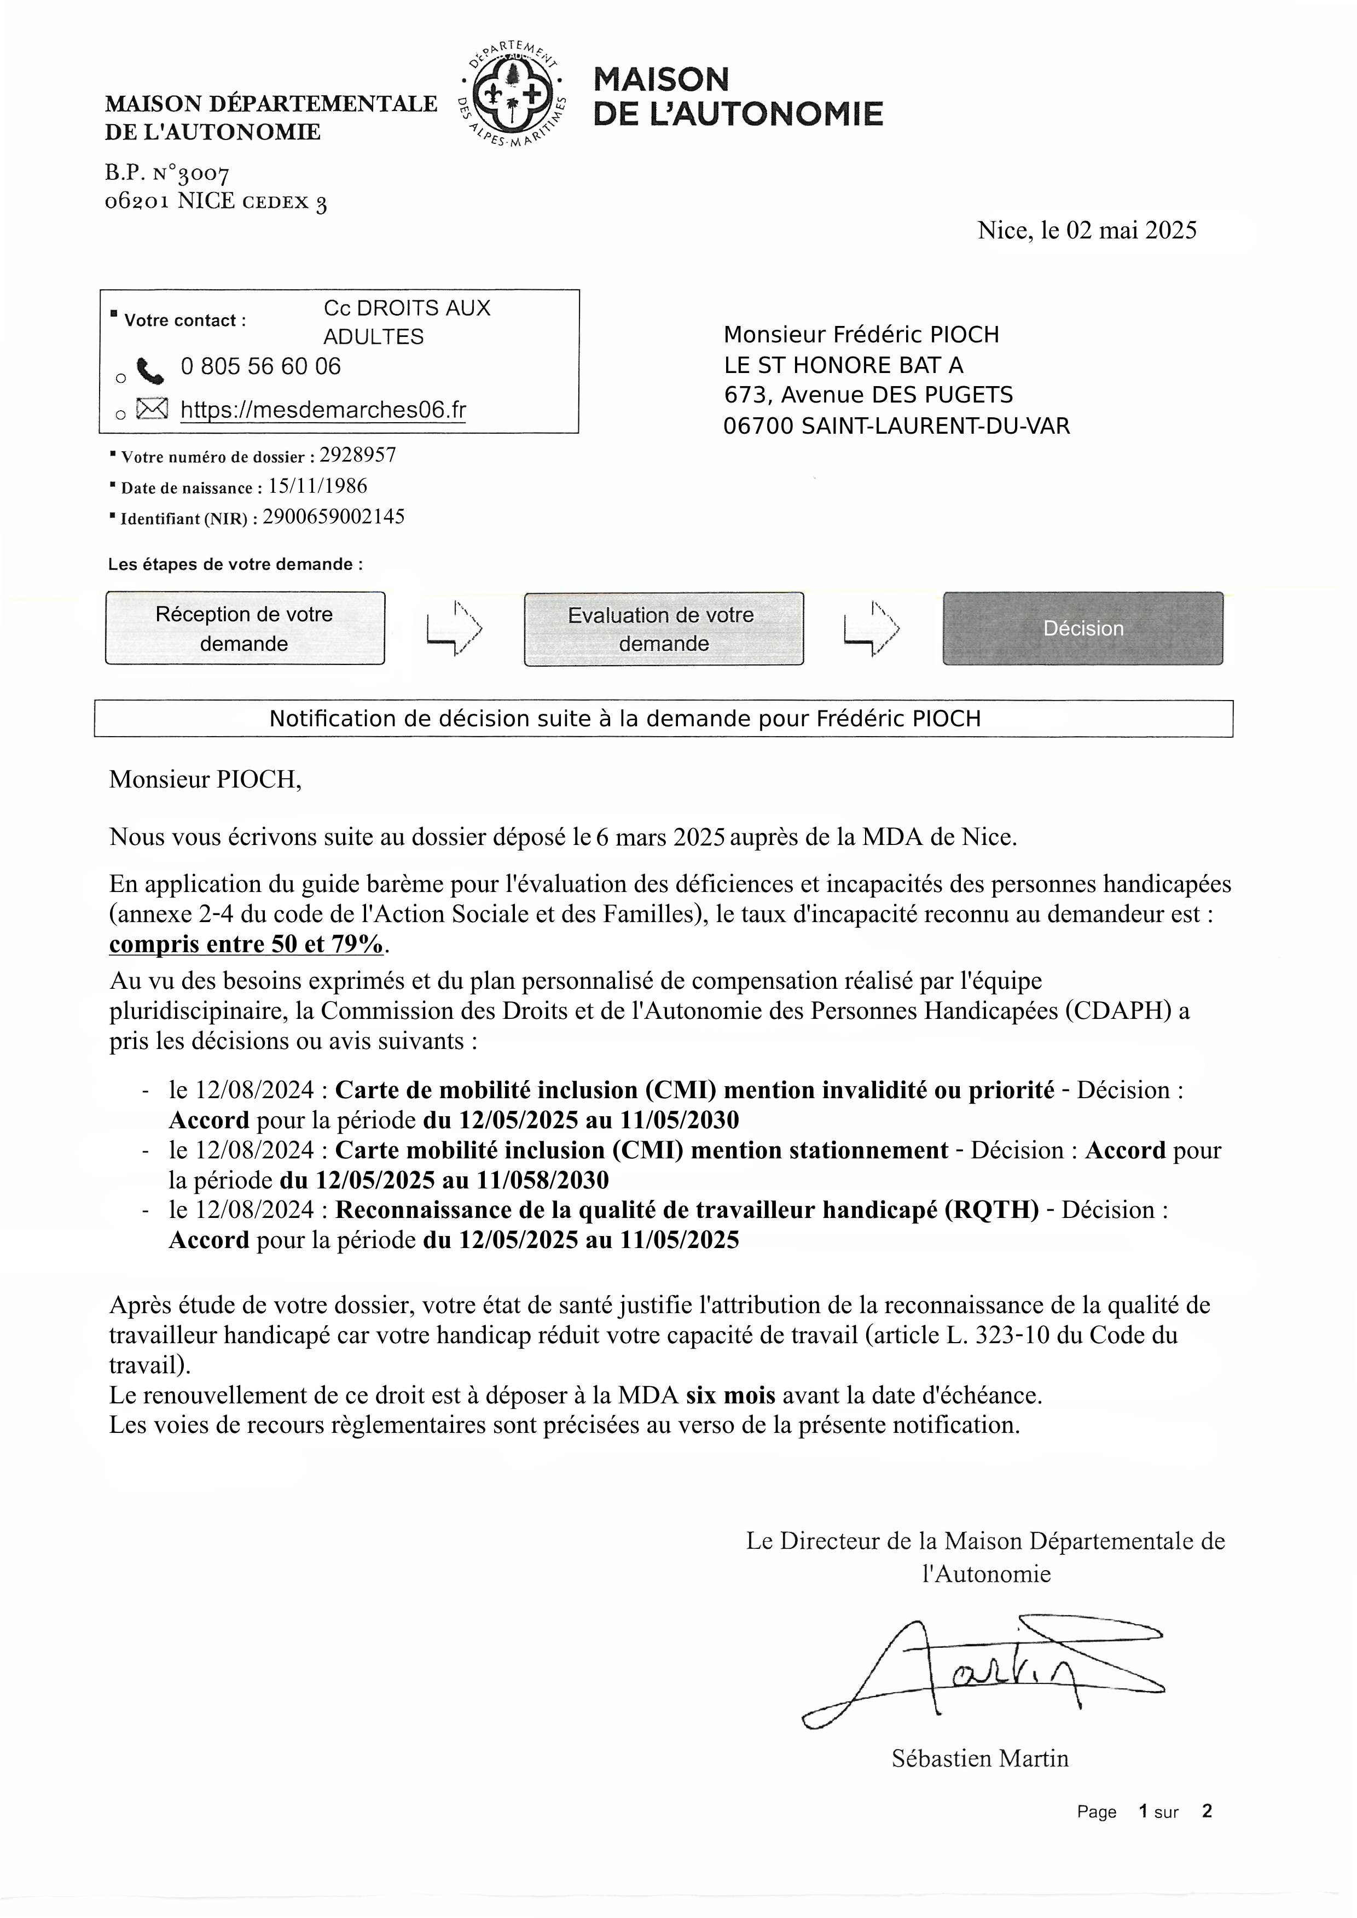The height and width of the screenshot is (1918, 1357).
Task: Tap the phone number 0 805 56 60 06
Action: [x=260, y=367]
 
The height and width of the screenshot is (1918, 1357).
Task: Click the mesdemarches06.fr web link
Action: [x=323, y=410]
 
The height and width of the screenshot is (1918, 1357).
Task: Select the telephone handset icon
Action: [x=151, y=371]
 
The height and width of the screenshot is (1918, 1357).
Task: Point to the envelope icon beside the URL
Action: [x=151, y=409]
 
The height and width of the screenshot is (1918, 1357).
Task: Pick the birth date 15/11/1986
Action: [x=317, y=486]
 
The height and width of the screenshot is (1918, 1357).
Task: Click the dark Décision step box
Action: [x=1083, y=628]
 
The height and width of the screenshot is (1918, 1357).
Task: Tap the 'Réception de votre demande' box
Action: [x=245, y=628]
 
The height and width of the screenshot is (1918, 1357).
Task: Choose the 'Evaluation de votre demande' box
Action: [x=664, y=629]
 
